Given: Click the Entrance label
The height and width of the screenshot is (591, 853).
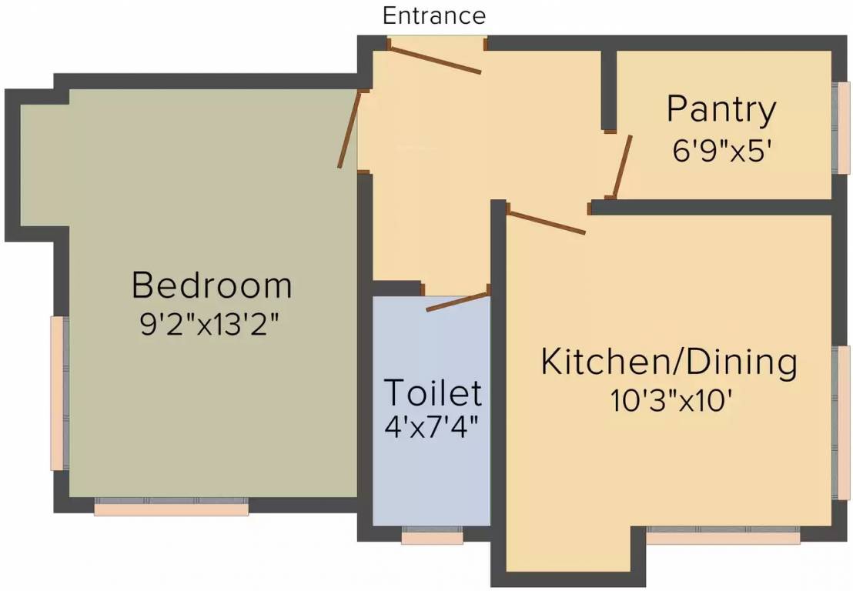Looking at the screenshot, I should coord(434,15).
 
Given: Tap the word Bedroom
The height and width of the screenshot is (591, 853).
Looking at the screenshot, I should coord(212,285).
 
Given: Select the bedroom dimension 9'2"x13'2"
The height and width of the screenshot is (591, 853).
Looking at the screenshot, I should coord(209,324).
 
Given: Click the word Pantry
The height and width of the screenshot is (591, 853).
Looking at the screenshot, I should coord(721,110).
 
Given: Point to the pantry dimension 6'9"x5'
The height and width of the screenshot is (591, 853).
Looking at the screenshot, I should coord(722,150).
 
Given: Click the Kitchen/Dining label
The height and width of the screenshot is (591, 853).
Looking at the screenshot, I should coord(669,362).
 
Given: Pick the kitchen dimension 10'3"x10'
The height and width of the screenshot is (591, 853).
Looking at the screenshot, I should coord(668,401).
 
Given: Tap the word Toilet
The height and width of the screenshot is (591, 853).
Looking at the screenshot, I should coord(433,392).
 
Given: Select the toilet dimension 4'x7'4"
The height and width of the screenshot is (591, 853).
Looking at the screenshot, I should coord(432,426).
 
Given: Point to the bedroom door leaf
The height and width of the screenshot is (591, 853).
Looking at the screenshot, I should coord(349,129).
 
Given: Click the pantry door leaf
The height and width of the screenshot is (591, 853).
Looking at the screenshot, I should coord(623,166).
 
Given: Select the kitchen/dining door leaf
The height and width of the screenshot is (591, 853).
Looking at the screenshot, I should coord(547,221).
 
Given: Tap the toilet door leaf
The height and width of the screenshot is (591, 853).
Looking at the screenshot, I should coord(458,301).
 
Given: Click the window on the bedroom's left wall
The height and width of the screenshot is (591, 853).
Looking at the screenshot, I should coord(57,392).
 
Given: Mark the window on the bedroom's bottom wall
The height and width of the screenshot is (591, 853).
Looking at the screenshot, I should coord(171,507).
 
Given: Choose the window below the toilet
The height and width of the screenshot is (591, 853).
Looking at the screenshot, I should coord(432,536).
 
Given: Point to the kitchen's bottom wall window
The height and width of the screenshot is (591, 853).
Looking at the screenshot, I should coord(722,536).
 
